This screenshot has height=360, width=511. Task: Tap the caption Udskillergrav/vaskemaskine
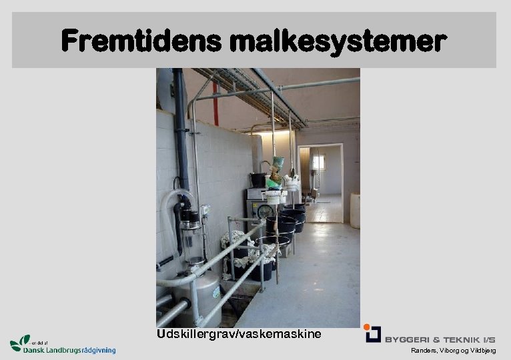[239, 333]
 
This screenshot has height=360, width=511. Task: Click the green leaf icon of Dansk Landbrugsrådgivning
[20, 342]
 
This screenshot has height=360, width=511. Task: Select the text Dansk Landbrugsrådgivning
[69, 349]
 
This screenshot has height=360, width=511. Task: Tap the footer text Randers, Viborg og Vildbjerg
[454, 351]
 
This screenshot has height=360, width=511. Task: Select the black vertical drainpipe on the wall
[181, 133]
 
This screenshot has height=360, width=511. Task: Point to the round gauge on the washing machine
[266, 211]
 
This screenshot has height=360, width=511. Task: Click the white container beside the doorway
[355, 210]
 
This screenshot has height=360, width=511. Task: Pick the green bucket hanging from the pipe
[278, 162]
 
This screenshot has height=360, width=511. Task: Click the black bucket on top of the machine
[258, 180]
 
